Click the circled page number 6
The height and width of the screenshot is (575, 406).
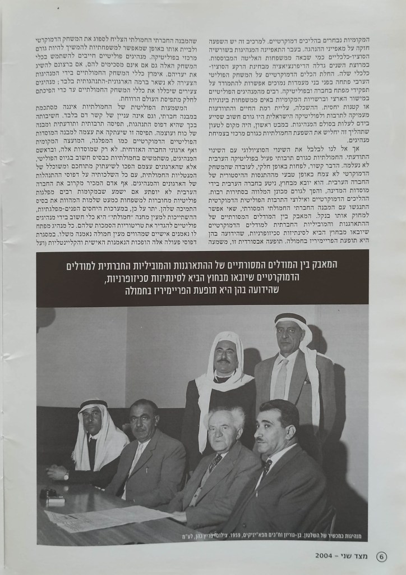pos(381,557)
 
